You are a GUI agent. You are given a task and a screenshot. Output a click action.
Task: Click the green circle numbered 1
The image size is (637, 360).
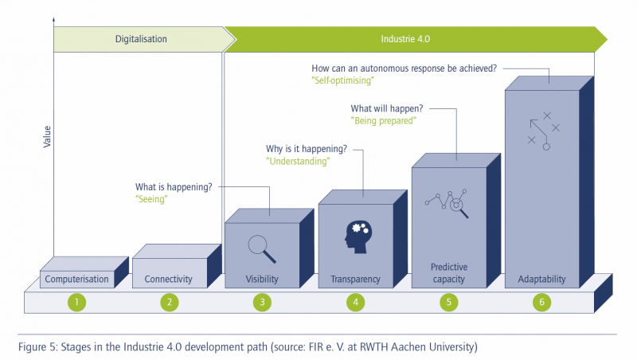(x=76, y=303)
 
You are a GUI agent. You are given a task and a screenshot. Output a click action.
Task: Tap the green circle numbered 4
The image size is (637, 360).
(x=355, y=303)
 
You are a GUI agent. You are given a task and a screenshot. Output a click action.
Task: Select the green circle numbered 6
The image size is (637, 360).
(x=541, y=303)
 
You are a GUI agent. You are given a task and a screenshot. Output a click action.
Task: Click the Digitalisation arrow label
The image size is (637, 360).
(x=141, y=39)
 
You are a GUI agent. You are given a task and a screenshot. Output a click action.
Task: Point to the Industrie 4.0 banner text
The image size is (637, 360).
(x=405, y=39)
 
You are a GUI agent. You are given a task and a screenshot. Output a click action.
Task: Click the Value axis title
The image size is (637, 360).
(x=47, y=136)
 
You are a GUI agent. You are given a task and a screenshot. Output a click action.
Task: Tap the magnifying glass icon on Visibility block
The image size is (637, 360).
(x=262, y=249)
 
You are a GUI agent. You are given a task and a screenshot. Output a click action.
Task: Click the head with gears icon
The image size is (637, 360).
(x=358, y=237)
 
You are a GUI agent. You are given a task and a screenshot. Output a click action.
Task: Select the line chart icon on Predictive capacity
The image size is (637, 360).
(x=447, y=203)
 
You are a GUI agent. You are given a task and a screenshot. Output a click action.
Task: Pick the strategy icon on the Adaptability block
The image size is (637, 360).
(x=544, y=131)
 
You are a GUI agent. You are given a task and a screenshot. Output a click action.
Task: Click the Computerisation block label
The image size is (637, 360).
(x=76, y=279)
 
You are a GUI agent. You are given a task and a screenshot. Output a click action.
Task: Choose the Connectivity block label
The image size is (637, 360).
(x=168, y=279)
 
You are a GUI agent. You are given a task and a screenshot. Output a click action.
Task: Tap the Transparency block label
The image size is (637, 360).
(x=355, y=279)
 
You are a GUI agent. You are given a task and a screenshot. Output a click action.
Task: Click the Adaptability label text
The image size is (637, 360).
(x=541, y=279)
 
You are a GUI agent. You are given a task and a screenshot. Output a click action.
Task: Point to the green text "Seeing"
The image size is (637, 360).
(x=151, y=199)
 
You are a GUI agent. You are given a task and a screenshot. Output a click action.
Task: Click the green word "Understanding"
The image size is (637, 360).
(x=298, y=162)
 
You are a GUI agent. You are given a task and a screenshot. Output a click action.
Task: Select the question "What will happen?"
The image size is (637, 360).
(x=387, y=108)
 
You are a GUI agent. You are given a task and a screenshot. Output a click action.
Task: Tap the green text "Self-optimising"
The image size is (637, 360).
(x=343, y=80)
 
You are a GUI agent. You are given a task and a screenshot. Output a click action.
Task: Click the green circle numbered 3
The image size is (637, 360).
(x=262, y=303)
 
